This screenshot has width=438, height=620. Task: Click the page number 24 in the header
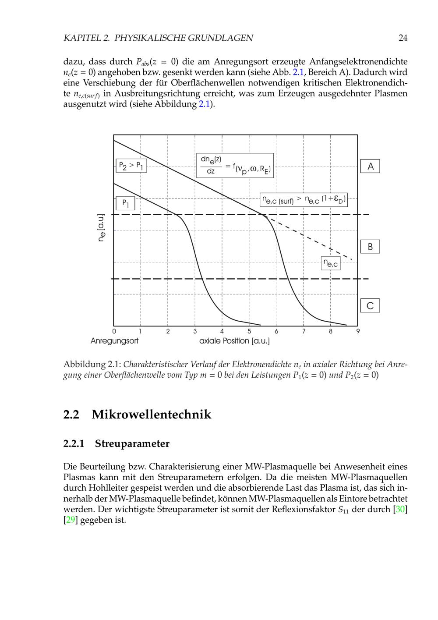[403, 38]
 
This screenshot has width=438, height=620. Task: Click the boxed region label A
[370, 167]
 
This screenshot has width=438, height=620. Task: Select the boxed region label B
[370, 247]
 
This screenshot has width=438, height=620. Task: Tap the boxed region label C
[370, 305]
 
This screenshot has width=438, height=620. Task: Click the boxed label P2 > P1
[131, 166]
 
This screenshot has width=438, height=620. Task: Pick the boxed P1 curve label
[125, 203]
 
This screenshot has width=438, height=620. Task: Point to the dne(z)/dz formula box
[235, 165]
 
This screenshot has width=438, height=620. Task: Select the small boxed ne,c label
[331, 263]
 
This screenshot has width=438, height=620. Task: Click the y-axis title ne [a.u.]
[101, 228]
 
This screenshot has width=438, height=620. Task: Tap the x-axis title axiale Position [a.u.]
[234, 341]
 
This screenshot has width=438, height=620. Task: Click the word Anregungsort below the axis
[114, 341]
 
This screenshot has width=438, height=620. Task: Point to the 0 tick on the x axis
[114, 332]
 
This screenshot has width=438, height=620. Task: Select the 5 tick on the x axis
[249, 332]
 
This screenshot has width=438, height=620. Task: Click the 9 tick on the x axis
[358, 332]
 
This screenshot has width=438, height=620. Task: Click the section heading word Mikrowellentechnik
[151, 415]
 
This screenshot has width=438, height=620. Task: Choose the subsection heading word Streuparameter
[132, 443]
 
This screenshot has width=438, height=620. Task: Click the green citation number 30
[400, 510]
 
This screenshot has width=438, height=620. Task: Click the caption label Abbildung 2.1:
[92, 365]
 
